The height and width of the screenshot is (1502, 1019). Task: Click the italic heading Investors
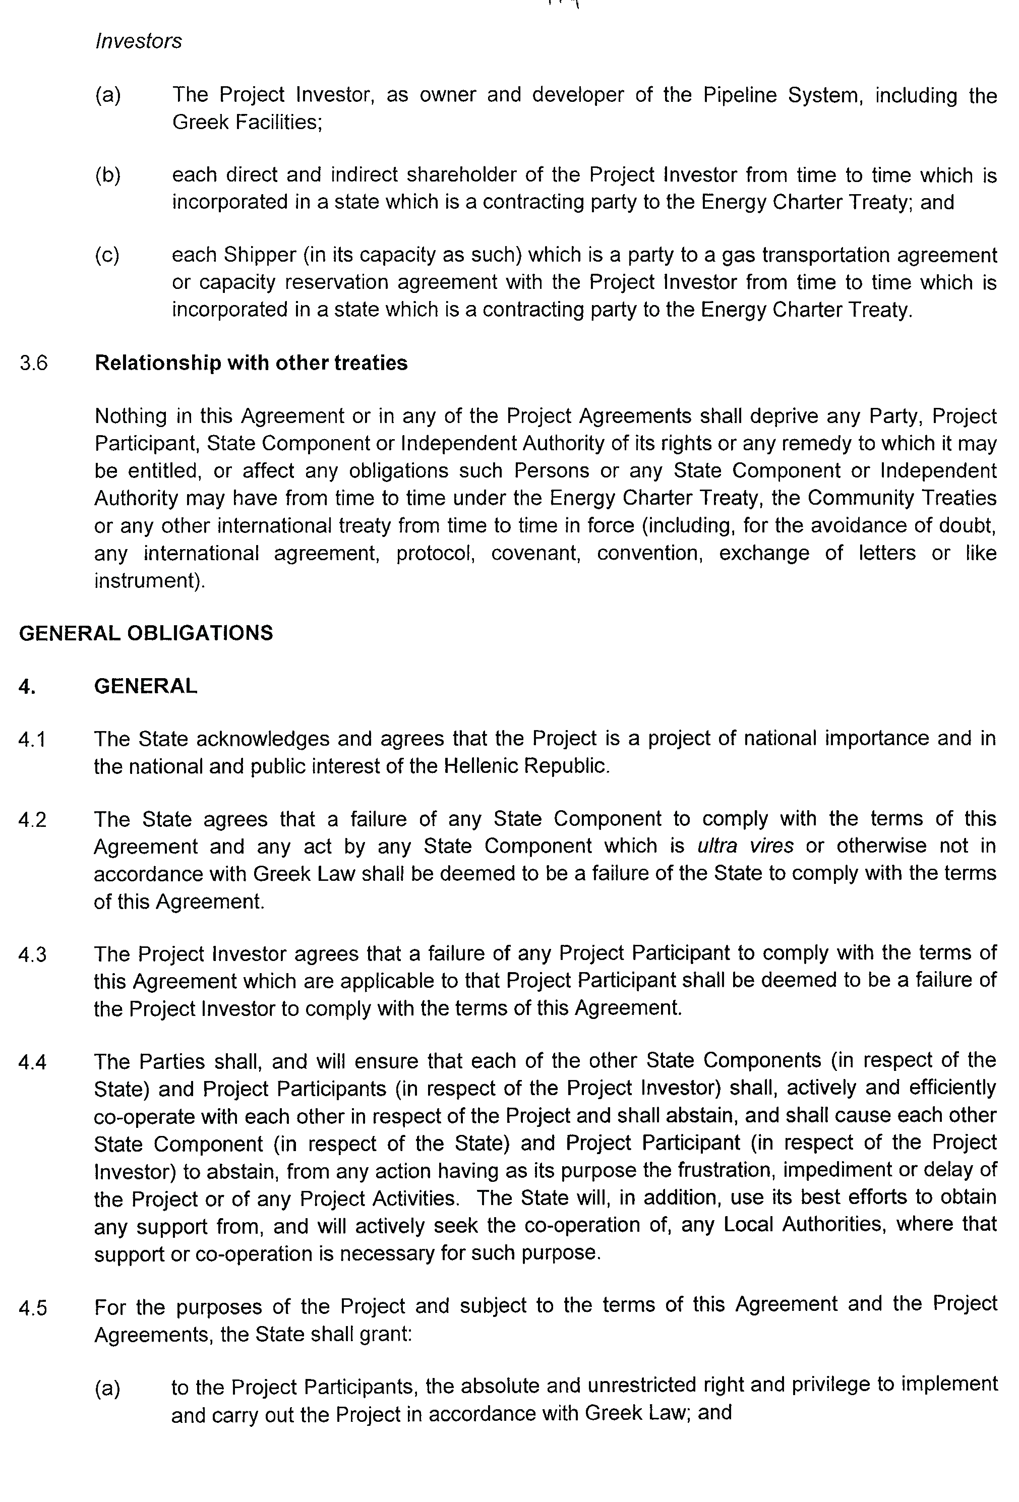pos(138,41)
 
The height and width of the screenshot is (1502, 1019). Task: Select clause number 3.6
pos(34,363)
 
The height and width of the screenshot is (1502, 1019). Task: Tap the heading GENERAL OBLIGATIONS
pos(146,633)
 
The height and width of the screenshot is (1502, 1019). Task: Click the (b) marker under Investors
pos(107,175)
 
